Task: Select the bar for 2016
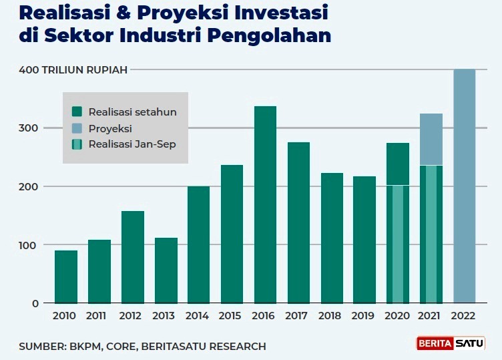[x=265, y=204]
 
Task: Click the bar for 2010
[x=66, y=277]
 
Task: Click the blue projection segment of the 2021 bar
[x=431, y=139]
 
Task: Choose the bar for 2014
[x=198, y=244]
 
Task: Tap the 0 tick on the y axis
[x=35, y=303]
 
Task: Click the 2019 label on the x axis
[x=364, y=317]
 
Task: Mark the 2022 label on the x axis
[x=464, y=317]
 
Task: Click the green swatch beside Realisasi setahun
[x=77, y=112]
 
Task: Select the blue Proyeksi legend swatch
[x=77, y=128]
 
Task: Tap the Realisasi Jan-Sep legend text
[x=132, y=144]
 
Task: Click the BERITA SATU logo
[x=451, y=344]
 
